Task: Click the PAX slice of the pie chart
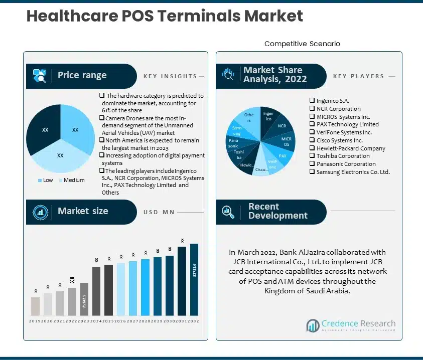(x=283, y=156)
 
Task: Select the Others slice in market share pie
(x=249, y=119)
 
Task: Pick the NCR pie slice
(x=281, y=126)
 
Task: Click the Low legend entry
(x=45, y=180)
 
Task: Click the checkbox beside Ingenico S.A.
(x=312, y=101)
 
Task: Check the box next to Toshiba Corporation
(x=312, y=156)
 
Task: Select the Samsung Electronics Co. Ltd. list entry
(x=353, y=171)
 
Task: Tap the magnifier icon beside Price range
(x=40, y=76)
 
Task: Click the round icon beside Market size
(x=40, y=212)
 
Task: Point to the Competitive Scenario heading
(x=302, y=44)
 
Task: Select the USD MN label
(x=159, y=212)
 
